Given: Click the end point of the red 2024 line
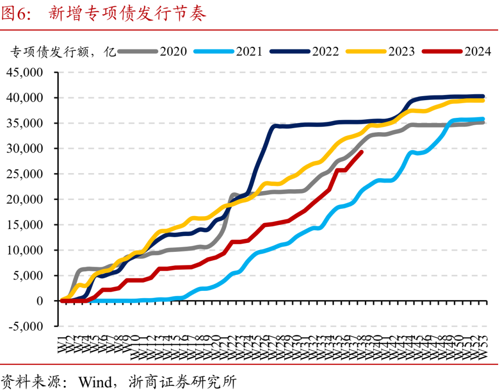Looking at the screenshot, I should tap(362, 152).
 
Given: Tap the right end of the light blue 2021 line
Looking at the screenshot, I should tap(483, 119).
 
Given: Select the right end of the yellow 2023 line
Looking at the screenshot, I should tap(483, 100).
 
